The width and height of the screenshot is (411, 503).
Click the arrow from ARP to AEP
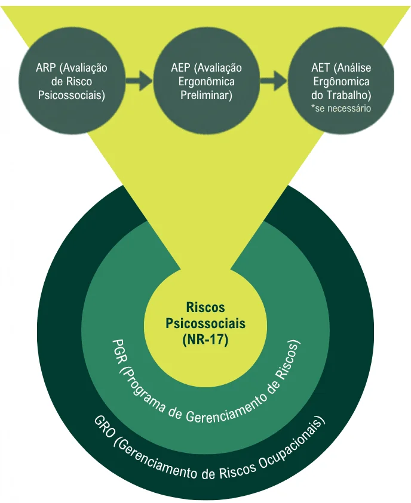(x=139, y=81)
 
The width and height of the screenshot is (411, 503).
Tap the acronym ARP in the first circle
(x=45, y=68)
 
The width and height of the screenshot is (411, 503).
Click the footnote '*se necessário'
(x=341, y=109)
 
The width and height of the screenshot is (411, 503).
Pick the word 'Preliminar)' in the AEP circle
(x=206, y=95)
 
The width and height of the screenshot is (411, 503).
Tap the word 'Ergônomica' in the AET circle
(x=341, y=82)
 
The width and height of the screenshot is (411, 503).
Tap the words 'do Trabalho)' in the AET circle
(x=341, y=95)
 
